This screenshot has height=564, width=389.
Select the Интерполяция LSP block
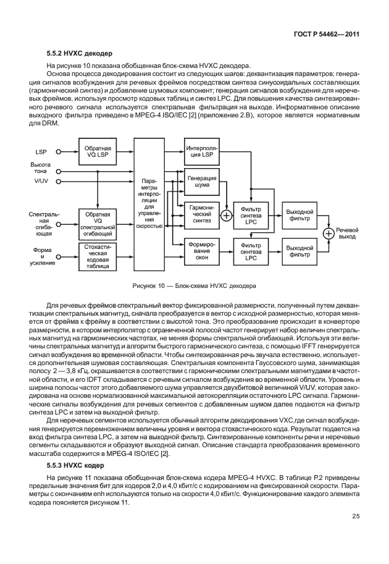(201, 151)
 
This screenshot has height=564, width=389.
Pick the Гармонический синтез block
(201, 213)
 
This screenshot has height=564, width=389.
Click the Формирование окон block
(201, 252)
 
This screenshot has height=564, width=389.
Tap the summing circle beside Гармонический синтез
(225, 216)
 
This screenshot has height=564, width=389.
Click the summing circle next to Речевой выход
(328, 233)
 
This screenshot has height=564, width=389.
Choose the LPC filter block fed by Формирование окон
(250, 252)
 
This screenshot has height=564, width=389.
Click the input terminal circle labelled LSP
(59, 151)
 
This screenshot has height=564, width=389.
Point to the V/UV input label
(41, 182)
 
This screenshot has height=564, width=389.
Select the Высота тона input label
(41, 168)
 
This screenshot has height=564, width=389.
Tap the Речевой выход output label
(347, 233)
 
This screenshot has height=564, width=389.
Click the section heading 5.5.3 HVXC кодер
(73, 464)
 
